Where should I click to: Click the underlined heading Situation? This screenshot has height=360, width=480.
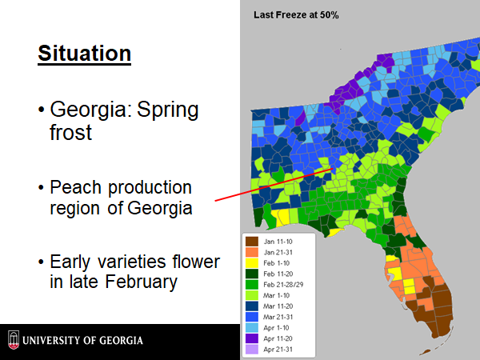[x=85, y=54]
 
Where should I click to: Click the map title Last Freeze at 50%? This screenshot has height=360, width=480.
[x=296, y=15]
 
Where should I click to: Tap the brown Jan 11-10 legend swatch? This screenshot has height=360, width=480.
[x=252, y=242]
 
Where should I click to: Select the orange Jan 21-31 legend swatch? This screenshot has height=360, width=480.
[x=252, y=252]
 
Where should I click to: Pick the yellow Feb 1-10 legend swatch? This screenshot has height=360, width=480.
[x=252, y=263]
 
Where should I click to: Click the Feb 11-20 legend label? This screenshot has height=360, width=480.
[x=278, y=274]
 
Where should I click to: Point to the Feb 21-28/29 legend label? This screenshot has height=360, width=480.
[x=283, y=285]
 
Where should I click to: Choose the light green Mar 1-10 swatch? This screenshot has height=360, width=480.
[x=252, y=295]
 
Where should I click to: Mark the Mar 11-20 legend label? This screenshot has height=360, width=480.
[x=278, y=306]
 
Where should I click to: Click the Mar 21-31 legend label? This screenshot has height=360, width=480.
[x=278, y=317]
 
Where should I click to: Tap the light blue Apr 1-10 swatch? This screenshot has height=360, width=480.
[x=252, y=327]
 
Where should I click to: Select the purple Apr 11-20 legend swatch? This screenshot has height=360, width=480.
[x=252, y=338]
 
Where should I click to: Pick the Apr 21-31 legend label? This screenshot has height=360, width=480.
[x=278, y=350]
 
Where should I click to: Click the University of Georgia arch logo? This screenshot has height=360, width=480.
[x=14, y=340]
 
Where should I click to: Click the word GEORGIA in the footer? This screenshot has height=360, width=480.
[x=121, y=341]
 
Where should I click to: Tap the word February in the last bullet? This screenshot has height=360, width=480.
[x=141, y=282]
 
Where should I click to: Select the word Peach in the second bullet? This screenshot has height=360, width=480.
[x=75, y=187]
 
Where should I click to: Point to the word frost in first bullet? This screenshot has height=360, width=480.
[x=70, y=132]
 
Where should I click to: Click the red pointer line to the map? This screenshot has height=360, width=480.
[x=274, y=185]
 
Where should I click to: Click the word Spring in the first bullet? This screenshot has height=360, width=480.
[x=168, y=110]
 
